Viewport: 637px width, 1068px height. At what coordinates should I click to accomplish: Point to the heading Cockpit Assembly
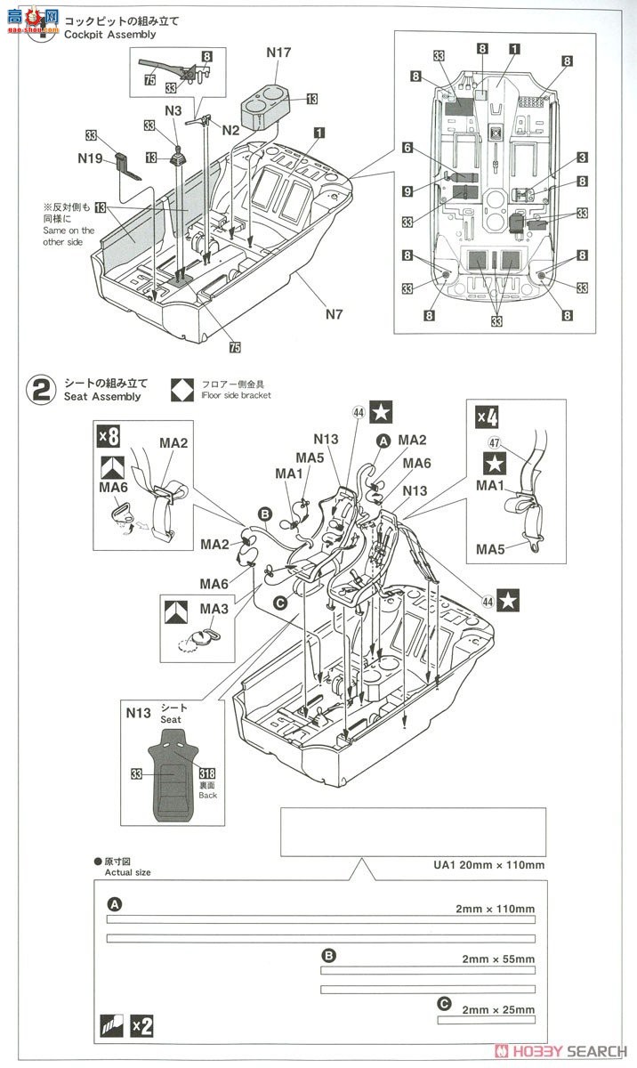(109, 34)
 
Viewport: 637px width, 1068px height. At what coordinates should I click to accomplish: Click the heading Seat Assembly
(101, 396)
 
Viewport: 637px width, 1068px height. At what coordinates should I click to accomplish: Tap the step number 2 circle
(41, 390)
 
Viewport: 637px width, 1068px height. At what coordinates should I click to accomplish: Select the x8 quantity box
(109, 435)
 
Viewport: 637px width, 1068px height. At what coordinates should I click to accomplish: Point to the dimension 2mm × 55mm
(498, 959)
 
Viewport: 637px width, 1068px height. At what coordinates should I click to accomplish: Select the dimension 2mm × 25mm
(498, 1009)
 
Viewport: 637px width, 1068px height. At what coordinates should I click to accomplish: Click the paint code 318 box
(210, 773)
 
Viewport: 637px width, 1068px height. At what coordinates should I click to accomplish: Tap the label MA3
(213, 608)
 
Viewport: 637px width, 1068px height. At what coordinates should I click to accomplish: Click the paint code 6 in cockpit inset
(407, 149)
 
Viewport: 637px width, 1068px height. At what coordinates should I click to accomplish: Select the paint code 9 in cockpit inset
(407, 190)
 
